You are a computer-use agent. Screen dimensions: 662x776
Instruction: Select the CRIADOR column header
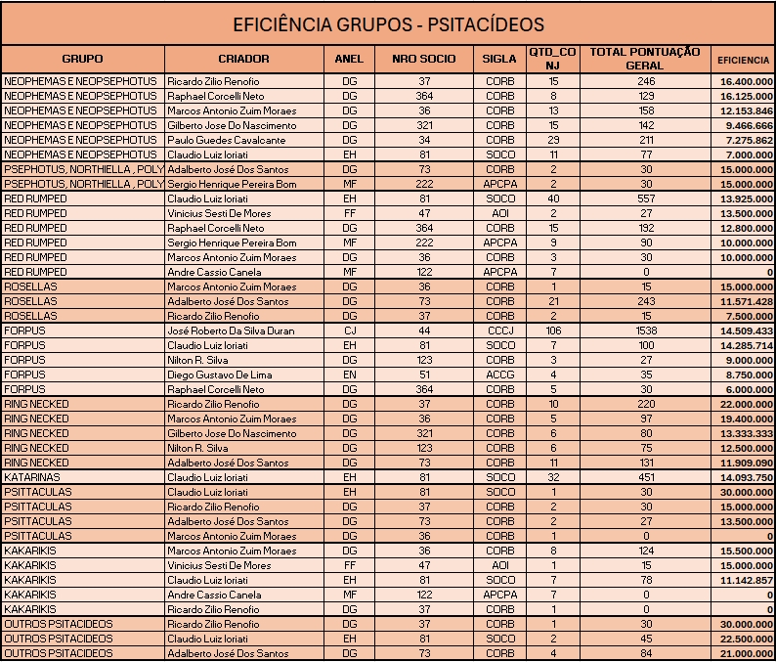tap(243, 59)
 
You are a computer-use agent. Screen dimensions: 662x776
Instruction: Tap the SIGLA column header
tap(499, 59)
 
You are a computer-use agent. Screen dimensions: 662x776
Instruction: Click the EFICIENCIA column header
tap(744, 59)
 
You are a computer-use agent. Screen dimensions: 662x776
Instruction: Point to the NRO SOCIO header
tap(423, 59)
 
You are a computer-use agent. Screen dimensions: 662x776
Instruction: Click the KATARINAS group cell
tap(30, 477)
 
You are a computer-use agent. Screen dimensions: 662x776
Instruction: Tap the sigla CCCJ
tap(499, 331)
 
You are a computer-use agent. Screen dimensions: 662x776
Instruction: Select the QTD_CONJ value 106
tap(553, 331)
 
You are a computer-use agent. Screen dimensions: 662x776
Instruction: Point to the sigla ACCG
tap(499, 375)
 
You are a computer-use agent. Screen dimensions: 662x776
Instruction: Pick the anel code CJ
tap(349, 331)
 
